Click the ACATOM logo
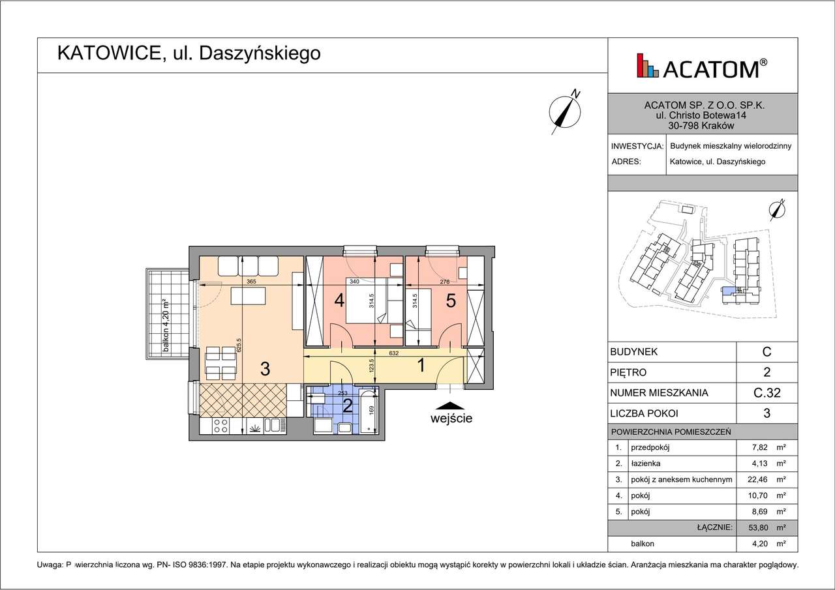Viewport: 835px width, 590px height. click(702, 66)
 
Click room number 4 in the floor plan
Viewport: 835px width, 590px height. click(339, 301)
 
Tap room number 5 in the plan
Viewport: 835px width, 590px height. click(450, 301)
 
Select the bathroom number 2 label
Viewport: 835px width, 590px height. click(348, 406)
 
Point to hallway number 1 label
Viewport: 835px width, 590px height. click(421, 366)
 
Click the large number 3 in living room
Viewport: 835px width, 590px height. click(265, 369)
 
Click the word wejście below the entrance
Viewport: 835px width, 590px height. click(451, 419)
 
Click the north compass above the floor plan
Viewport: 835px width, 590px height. click(565, 111)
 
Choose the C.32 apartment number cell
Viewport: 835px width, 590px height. click(767, 393)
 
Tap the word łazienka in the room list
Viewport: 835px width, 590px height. click(645, 464)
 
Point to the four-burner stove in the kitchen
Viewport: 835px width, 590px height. click(220, 426)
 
